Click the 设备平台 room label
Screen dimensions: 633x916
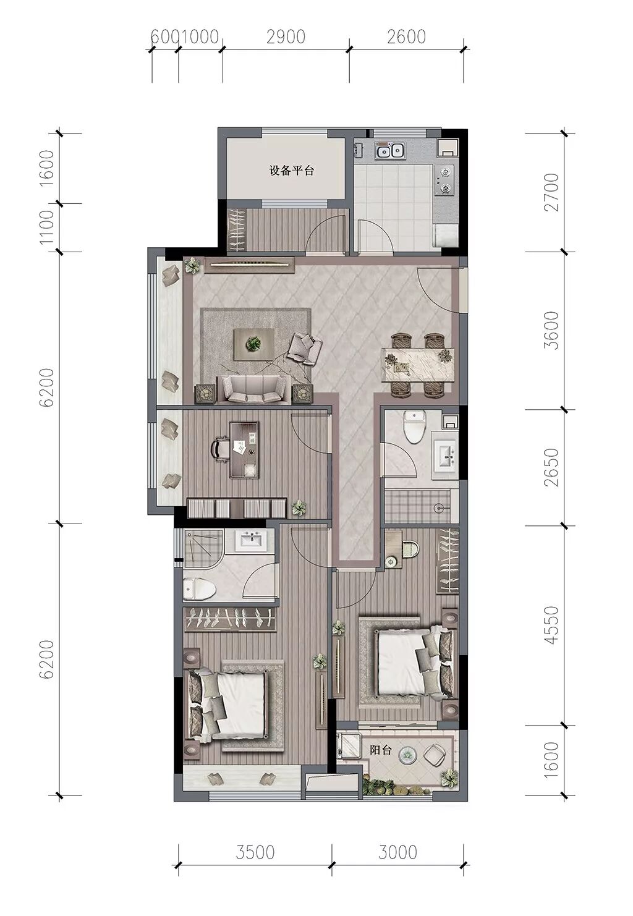tap(291, 171)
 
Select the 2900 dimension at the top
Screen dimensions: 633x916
tap(286, 37)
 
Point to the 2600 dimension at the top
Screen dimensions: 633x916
tap(407, 37)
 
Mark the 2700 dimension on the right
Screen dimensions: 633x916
tap(551, 192)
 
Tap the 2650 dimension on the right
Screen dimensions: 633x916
tap(551, 467)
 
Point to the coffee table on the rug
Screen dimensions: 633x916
tap(253, 344)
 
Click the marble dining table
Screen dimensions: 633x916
tap(418, 365)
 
